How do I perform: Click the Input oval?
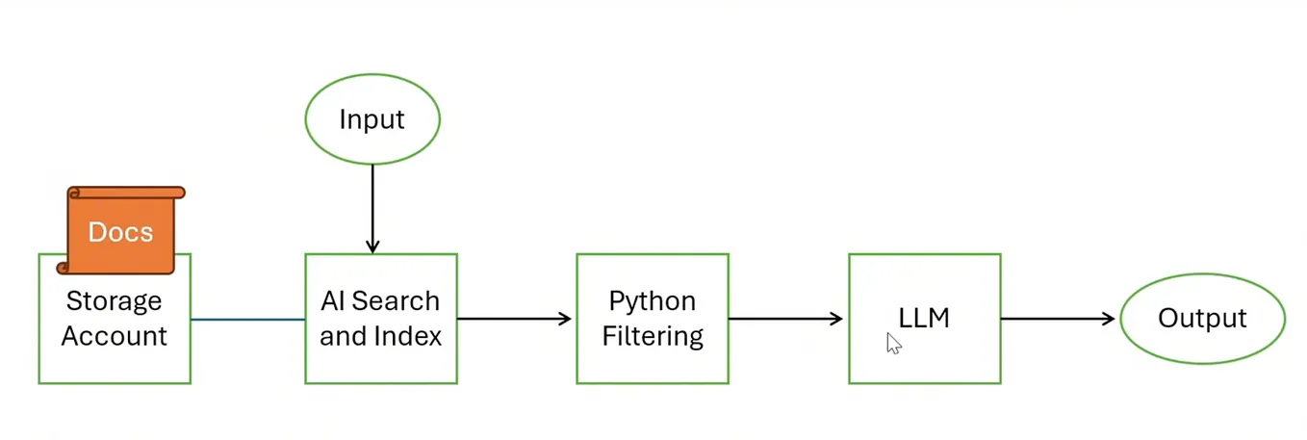click(372, 119)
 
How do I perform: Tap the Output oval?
click(1201, 319)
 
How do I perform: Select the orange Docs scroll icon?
click(120, 231)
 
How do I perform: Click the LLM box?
click(924, 319)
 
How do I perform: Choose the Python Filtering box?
click(652, 319)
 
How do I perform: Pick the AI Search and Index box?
click(380, 319)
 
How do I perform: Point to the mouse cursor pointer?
click(892, 343)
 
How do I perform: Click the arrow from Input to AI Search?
click(372, 207)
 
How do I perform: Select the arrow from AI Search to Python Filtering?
click(515, 319)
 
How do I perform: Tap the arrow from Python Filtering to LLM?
click(786, 319)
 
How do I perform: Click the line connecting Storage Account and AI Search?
click(247, 319)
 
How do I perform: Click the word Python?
click(652, 301)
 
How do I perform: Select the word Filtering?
click(653, 336)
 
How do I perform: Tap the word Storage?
click(114, 301)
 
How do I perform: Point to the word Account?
click(114, 336)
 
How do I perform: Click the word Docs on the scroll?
click(120, 232)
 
